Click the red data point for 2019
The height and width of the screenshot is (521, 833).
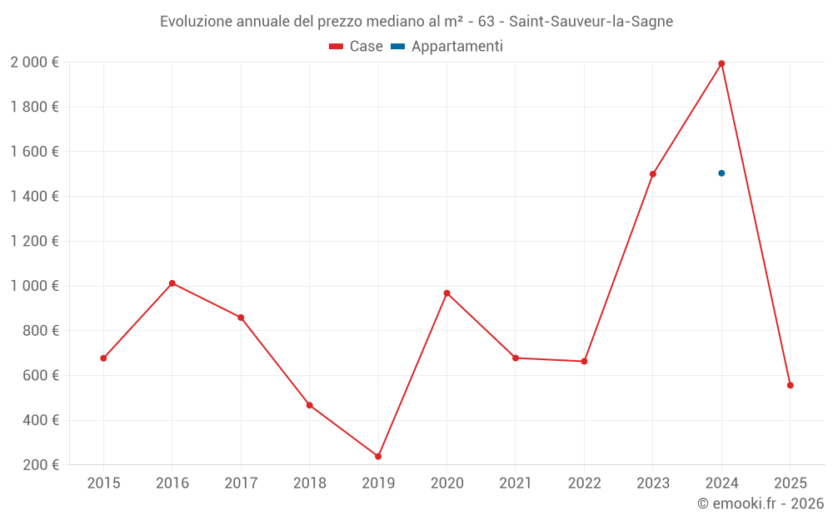[x=378, y=456]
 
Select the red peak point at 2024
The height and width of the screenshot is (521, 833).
[x=721, y=63]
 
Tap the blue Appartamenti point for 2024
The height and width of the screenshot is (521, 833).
[x=721, y=173]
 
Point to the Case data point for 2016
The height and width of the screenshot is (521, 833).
[x=172, y=283]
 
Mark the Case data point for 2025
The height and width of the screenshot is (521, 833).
[x=791, y=385]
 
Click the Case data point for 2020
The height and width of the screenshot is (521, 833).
[x=446, y=293]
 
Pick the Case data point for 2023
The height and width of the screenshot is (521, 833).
[x=653, y=174]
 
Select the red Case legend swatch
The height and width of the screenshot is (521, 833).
[x=337, y=47]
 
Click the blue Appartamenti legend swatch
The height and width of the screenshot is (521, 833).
[x=397, y=47]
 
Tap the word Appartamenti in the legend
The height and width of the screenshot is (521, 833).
[x=457, y=47]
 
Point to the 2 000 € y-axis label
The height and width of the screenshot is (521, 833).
[x=34, y=63]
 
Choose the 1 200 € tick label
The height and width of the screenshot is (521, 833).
[x=34, y=242]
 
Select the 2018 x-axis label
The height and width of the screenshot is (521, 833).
[x=309, y=483]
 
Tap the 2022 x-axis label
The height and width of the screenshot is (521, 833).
[x=584, y=483]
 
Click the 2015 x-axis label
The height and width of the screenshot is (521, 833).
[x=103, y=483]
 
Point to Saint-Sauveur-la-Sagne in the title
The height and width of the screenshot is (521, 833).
[x=591, y=22]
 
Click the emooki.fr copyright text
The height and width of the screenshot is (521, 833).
[x=761, y=503]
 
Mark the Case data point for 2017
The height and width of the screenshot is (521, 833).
[x=241, y=318]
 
